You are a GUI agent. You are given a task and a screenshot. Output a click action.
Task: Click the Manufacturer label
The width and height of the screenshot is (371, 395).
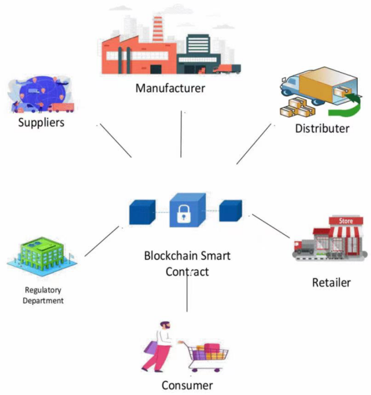pos(170,89)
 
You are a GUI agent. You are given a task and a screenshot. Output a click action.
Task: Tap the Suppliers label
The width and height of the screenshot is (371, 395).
pos(41,122)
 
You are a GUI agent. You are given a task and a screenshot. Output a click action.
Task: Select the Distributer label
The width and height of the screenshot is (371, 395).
pos(322,128)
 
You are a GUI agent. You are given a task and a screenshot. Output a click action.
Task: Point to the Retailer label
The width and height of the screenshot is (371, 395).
pos(331,282)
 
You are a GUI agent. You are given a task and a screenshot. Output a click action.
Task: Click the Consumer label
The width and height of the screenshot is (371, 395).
pos(186,385)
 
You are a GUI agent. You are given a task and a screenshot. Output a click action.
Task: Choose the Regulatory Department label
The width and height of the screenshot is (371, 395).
pos(43,295)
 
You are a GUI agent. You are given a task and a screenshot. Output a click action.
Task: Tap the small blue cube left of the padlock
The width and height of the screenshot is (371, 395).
pos(142,211)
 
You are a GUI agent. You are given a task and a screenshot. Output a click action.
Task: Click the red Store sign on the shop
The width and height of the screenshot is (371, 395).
pos(346,221)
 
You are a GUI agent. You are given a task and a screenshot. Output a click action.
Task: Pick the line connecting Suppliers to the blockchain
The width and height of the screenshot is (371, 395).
pos(115,141)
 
